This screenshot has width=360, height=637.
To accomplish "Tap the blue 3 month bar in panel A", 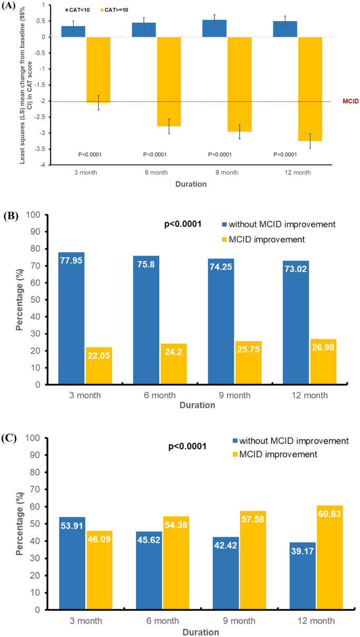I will pos(73,32).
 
